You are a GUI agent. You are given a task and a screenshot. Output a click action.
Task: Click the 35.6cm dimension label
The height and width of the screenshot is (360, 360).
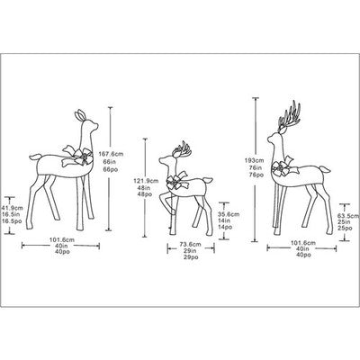pyautogui.click(x=229, y=213)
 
